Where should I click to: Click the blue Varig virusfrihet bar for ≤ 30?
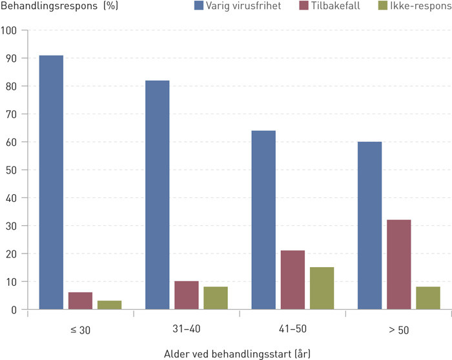(51, 183)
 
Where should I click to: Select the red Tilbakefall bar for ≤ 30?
(80, 301)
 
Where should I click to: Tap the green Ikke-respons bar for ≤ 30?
(109, 305)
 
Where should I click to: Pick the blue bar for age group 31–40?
(158, 195)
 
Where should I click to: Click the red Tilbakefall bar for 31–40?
(187, 295)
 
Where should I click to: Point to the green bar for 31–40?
(216, 298)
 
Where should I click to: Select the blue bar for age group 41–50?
(263, 220)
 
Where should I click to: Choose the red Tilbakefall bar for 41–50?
(293, 280)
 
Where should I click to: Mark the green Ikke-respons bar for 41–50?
(322, 288)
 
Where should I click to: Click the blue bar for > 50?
(369, 226)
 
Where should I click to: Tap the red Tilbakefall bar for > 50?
(398, 265)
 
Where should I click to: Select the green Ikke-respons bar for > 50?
(427, 298)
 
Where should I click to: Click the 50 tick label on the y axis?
(12, 170)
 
